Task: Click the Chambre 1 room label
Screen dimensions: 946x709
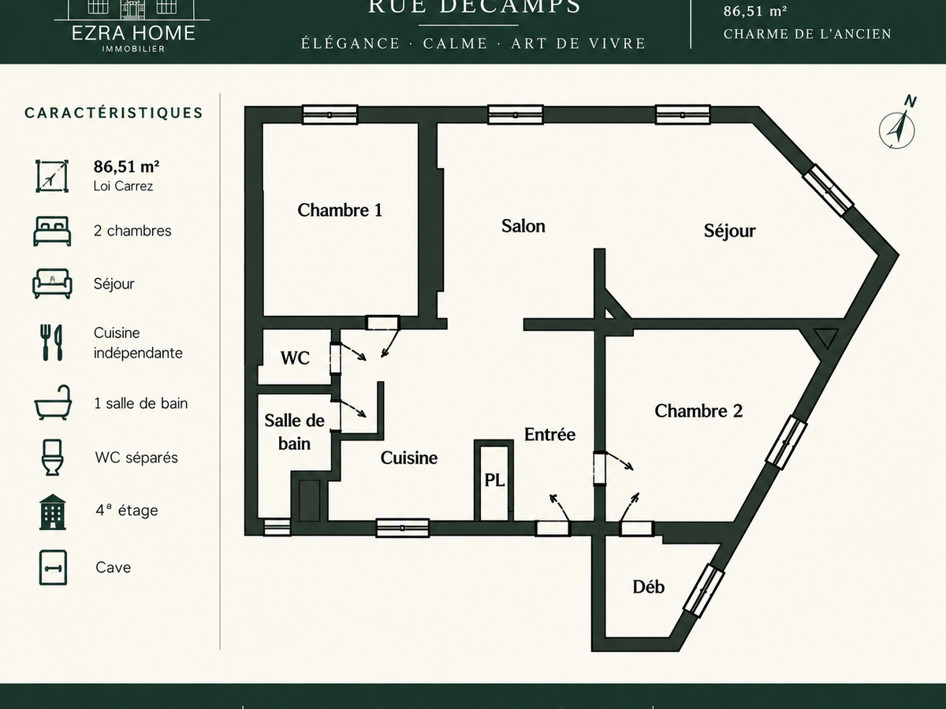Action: coord(340,210)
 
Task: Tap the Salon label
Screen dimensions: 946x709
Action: coord(523,226)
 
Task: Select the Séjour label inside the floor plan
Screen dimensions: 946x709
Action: coord(730,231)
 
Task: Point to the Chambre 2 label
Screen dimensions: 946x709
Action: coord(698,411)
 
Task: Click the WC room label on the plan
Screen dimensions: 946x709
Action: coord(295,358)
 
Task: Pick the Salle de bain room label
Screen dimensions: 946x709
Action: coord(294,432)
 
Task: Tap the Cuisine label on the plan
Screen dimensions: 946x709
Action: coord(408,458)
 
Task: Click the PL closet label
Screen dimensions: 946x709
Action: coord(494,481)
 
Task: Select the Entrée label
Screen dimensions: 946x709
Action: coord(549,435)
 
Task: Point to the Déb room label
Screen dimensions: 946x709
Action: coord(648,587)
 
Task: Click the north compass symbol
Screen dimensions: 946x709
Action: coord(898,123)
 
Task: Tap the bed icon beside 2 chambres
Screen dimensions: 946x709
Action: coord(52,231)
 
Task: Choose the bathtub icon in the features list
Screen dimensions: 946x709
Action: coord(53,403)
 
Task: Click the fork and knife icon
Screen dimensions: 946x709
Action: coord(52,342)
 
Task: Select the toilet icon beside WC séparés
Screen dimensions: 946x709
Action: coord(52,457)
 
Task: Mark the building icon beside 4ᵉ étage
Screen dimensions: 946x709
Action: coord(53,512)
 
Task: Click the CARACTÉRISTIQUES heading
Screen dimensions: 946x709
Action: coord(114,113)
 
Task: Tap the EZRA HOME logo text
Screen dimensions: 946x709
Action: coord(133,33)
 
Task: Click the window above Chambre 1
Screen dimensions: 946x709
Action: coord(330,115)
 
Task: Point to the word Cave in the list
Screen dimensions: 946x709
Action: coord(113,567)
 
